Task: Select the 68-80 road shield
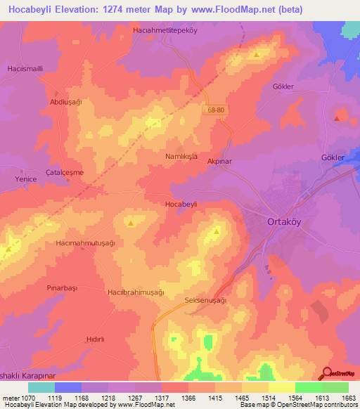tap(217, 110)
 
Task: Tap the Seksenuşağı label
tap(205, 300)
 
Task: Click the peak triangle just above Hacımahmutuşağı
tap(132, 223)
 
